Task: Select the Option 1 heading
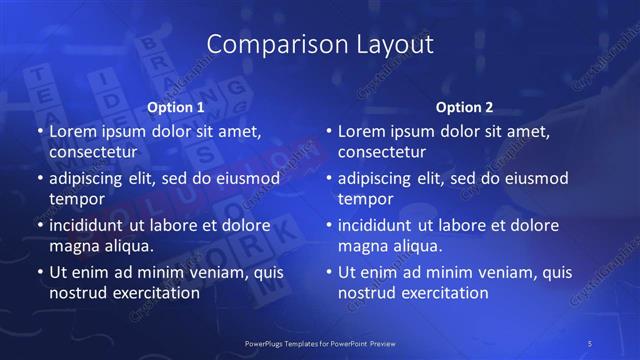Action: [176, 106]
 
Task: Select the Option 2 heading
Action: [465, 106]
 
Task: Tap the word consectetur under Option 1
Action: [92, 152]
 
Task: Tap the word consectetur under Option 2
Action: [381, 152]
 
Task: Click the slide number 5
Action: [591, 343]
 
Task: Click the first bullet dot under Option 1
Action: [39, 132]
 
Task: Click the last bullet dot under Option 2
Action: [328, 272]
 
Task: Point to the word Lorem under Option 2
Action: [361, 132]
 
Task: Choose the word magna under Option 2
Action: [362, 245]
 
